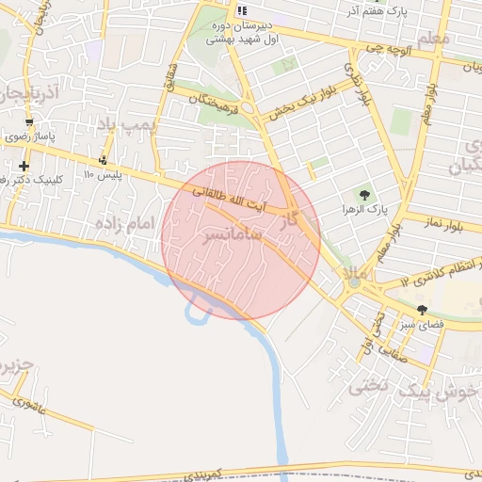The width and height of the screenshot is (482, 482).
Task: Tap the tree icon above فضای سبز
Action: pyautogui.click(x=421, y=309)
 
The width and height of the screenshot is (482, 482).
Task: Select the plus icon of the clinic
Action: pyautogui.click(x=24, y=166)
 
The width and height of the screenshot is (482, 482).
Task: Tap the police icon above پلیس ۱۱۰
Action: pyautogui.click(x=103, y=158)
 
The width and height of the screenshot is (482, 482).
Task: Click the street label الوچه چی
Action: pyautogui.click(x=390, y=48)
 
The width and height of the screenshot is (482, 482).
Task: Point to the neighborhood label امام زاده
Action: pyautogui.click(x=123, y=223)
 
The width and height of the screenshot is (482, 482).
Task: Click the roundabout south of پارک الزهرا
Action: pyautogui.click(x=354, y=280)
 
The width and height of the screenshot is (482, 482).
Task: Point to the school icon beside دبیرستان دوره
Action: pyautogui.click(x=243, y=9)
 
